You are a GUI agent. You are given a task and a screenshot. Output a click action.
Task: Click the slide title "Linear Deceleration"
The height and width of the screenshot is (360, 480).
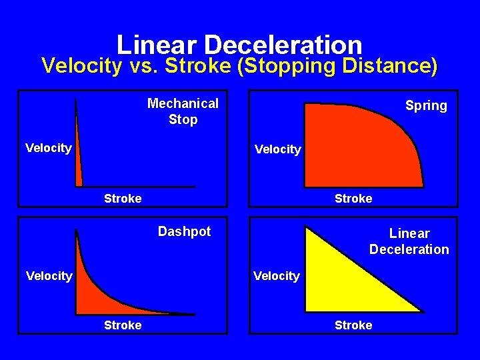(239, 45)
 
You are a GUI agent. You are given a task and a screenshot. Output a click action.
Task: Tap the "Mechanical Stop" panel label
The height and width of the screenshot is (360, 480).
(183, 111)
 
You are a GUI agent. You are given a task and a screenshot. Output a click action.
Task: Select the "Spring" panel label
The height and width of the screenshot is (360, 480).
(426, 106)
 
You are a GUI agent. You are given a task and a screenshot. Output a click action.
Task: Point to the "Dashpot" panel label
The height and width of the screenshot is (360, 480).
(184, 231)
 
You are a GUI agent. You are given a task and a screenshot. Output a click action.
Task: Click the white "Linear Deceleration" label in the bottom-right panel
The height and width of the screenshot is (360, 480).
(409, 241)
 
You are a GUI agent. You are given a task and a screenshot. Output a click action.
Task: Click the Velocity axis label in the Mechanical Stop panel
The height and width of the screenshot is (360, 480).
(48, 148)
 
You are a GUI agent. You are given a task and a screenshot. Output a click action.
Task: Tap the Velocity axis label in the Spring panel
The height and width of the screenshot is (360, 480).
(277, 149)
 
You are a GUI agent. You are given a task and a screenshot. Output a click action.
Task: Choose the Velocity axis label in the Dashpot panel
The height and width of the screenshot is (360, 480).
(48, 275)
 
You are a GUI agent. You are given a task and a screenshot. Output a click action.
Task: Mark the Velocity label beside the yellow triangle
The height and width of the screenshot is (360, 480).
(277, 275)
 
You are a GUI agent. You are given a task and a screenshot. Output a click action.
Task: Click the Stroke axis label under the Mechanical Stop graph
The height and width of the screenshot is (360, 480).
(123, 198)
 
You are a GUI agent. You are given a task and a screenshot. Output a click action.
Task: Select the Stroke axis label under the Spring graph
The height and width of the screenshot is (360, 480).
(353, 198)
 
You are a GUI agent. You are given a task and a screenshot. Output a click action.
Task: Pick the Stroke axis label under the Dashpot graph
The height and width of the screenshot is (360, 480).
(123, 325)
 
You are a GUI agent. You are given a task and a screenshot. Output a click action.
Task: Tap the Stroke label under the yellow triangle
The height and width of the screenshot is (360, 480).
(353, 325)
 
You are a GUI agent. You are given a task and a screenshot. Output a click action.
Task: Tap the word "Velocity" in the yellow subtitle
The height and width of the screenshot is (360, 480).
(82, 66)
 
